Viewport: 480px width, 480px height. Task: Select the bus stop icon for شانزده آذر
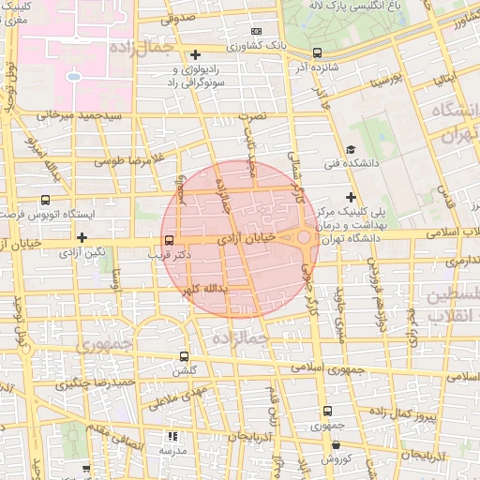(317, 52)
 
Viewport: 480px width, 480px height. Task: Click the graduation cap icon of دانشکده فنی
(351, 150)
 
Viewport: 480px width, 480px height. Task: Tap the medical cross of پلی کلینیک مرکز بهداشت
(351, 197)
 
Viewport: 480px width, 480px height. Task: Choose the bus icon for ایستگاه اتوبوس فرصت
(45, 201)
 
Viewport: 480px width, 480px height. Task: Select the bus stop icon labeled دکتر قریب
(169, 240)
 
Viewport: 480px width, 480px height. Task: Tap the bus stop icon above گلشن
(183, 356)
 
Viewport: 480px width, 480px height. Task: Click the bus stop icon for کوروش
(326, 442)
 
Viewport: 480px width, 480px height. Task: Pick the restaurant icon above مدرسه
(172, 436)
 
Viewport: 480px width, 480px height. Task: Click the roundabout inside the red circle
(305, 239)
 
